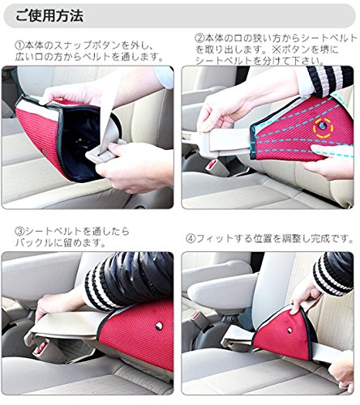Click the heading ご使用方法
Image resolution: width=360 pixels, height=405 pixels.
(x=49, y=16)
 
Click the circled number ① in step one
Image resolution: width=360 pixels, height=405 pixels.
(x=19, y=45)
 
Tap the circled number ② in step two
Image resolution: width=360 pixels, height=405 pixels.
(x=199, y=38)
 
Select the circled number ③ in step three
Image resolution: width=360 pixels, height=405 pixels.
(x=19, y=232)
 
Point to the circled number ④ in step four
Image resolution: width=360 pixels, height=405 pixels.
(x=191, y=239)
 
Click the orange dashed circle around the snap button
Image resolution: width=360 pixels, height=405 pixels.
(x=323, y=127)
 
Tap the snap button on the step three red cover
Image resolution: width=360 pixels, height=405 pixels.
(x=159, y=326)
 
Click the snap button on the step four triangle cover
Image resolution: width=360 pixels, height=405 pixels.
(x=289, y=330)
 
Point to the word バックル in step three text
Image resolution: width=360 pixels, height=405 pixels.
(x=34, y=243)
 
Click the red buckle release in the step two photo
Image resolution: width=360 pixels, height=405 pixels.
(x=211, y=164)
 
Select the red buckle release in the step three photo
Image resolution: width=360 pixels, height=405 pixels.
(x=40, y=349)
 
